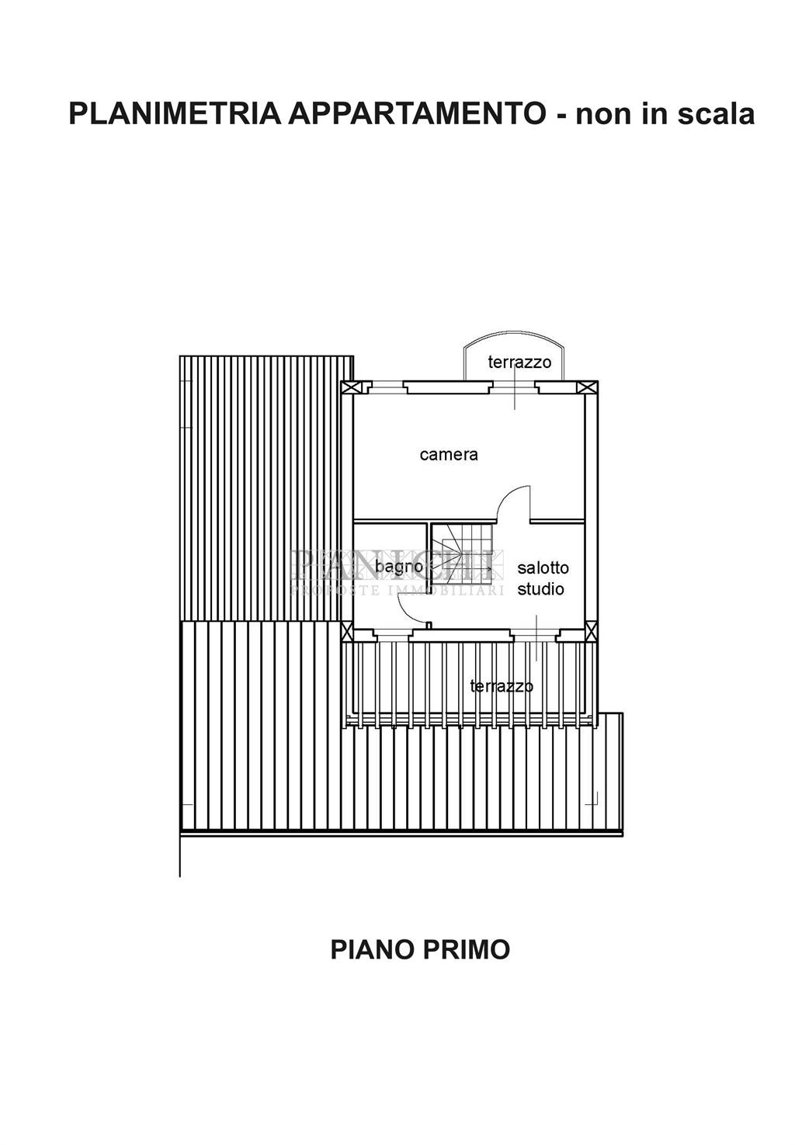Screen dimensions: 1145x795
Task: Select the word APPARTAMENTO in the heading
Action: point(416,114)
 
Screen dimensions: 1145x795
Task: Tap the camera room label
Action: point(449,455)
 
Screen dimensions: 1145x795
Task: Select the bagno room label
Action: point(398,567)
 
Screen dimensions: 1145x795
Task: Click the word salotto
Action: point(543,567)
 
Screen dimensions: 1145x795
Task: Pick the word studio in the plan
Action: point(541,589)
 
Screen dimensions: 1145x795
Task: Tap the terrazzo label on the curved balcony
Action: point(519,362)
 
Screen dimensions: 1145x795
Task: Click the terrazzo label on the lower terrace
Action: point(502,686)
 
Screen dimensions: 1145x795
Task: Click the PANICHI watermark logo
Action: point(396,565)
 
